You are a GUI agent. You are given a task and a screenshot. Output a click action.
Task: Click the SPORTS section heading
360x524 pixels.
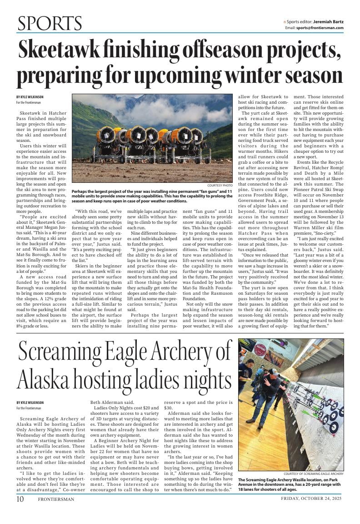coord(50,23)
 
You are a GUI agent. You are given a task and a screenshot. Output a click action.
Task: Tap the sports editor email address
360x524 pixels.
coord(320,28)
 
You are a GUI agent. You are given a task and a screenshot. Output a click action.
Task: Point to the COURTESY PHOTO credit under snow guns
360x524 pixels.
coord(220,186)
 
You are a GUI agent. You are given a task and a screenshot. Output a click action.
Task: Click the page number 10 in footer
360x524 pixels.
coord(20,499)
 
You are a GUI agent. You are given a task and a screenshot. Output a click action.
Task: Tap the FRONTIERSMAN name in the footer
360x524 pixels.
coord(56,499)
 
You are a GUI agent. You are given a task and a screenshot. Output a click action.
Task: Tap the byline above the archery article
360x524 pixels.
coord(30,403)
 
